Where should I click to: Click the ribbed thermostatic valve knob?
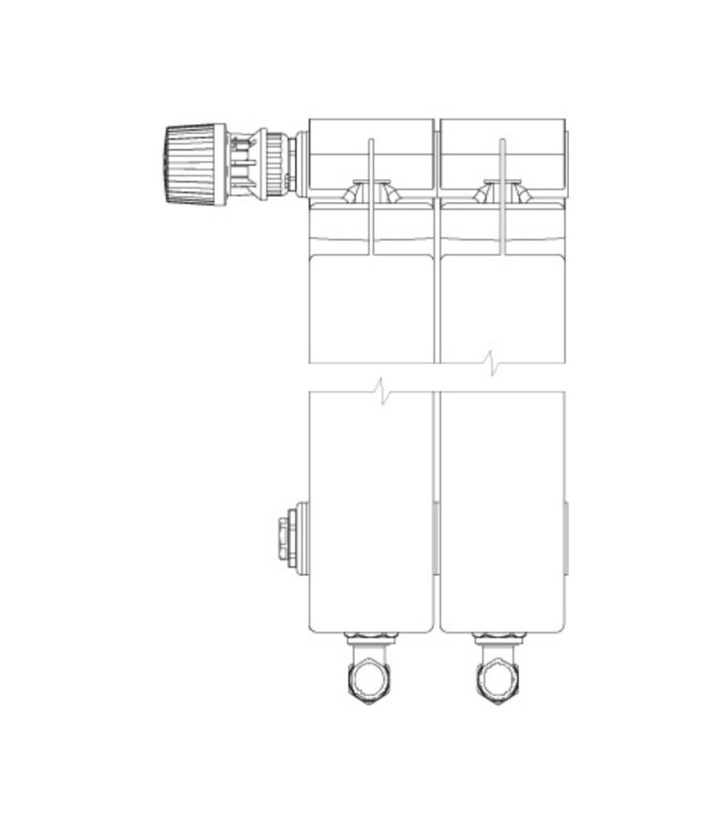(x=195, y=164)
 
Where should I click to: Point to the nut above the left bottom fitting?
(x=370, y=637)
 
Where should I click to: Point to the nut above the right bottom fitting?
(x=500, y=637)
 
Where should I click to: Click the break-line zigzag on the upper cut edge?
(x=492, y=364)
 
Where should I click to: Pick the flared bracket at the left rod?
(x=372, y=191)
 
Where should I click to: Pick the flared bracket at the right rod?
(x=502, y=191)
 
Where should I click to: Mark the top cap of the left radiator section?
(x=372, y=136)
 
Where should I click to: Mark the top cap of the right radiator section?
(x=502, y=136)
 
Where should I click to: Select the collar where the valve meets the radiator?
(x=301, y=164)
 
